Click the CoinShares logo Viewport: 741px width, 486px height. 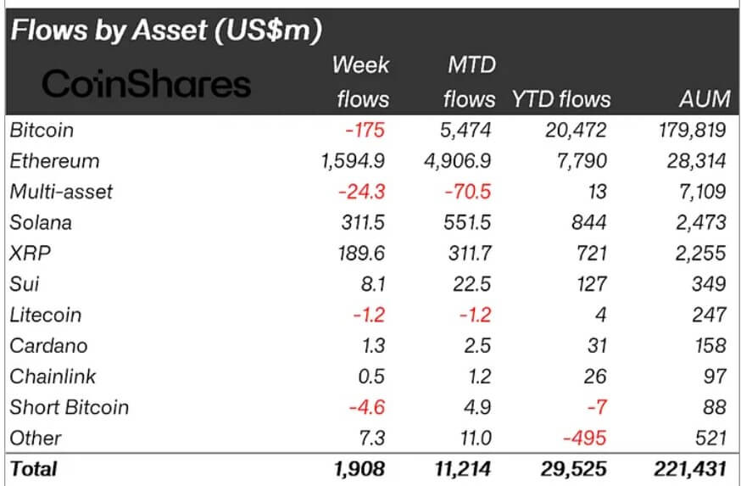[146, 84]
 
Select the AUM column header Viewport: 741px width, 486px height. [704, 99]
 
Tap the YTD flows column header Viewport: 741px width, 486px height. [560, 99]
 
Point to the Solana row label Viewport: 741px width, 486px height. [41, 223]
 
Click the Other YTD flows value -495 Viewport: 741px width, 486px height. [586, 438]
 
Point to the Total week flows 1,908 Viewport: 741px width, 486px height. [360, 467]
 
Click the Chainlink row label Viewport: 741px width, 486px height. [53, 377]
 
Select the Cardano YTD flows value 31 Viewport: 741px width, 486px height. [595, 346]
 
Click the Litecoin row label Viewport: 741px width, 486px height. [46, 315]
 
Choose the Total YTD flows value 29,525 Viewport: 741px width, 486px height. [571, 467]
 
